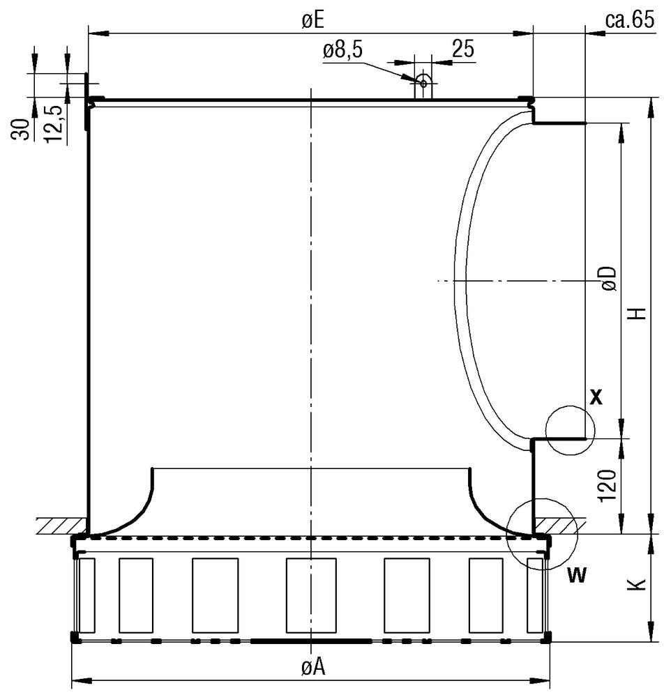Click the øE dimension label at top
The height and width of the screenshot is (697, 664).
pos(312,20)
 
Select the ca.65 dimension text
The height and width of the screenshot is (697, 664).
pos(628,20)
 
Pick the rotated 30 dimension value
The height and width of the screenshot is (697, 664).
pos(22,129)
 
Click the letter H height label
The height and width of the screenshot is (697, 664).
pos(636,314)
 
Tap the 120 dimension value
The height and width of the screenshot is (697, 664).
pos(607,486)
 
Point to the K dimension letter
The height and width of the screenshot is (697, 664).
pos(636,586)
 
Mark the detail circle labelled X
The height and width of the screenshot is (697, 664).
pos(570,430)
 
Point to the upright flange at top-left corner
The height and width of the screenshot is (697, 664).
pos(87,101)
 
